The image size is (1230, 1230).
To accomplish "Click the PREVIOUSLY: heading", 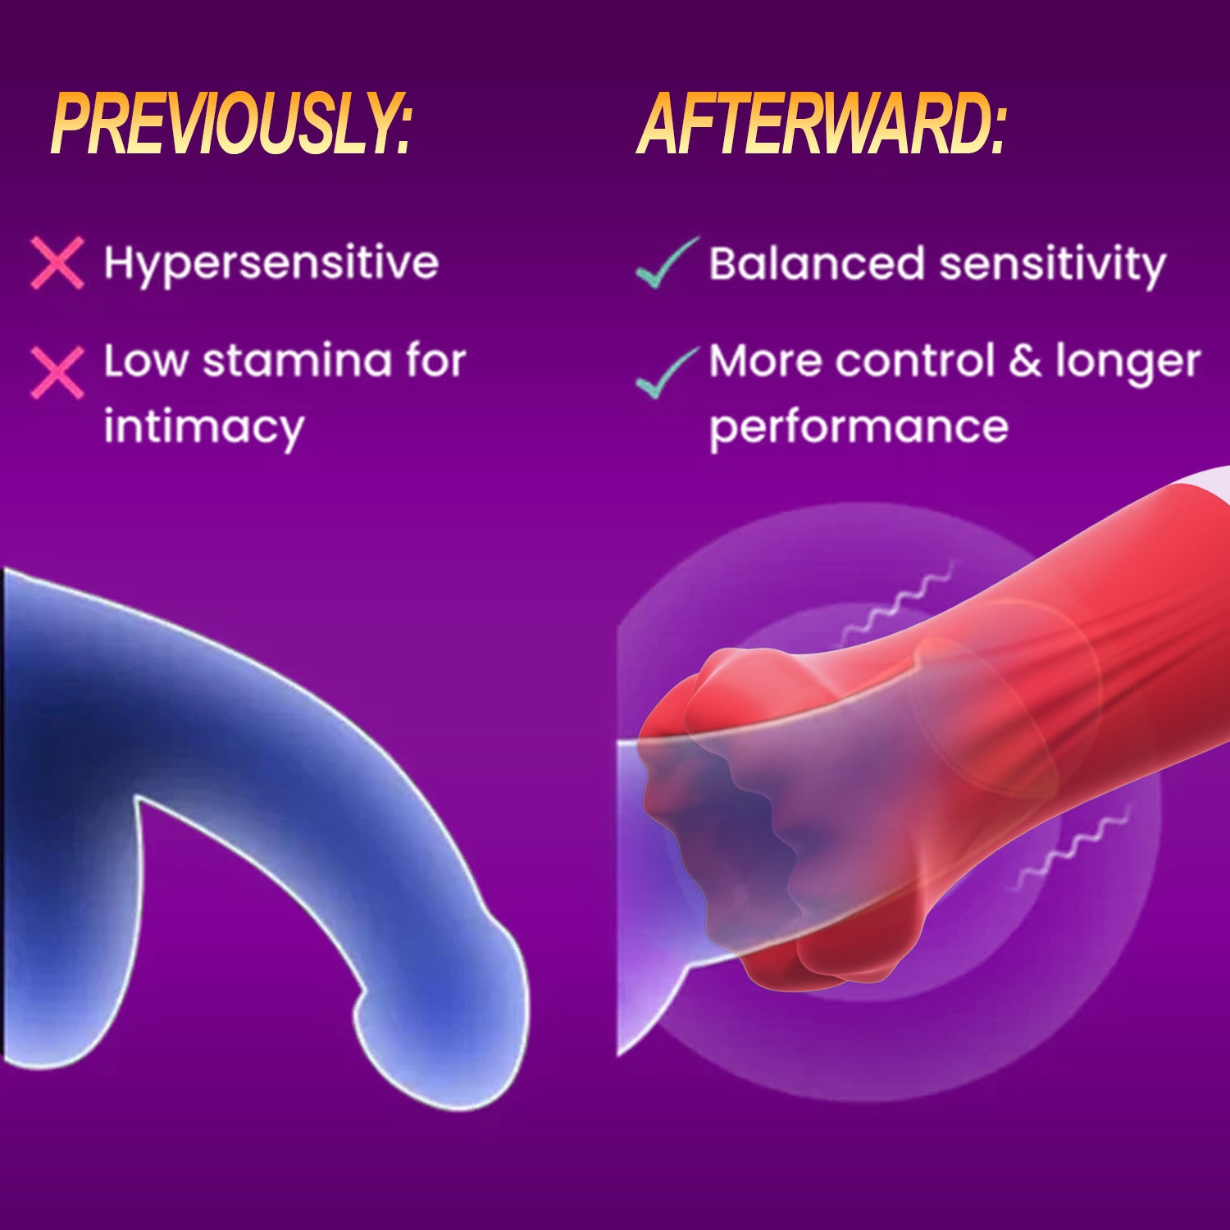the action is [230, 124].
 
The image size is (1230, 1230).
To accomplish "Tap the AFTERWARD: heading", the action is [821, 124].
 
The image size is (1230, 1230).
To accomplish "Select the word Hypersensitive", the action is [271, 264].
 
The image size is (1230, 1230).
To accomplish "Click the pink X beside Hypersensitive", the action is [57, 263].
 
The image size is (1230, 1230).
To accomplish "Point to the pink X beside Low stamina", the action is [57, 372].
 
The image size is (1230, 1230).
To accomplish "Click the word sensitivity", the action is [1052, 266].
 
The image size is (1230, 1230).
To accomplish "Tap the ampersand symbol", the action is [1025, 361].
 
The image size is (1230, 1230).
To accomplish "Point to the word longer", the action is [1127, 364].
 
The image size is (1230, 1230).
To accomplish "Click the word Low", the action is [146, 361].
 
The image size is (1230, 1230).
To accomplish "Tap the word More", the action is [765, 361].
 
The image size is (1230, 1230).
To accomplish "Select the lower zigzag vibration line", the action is [1073, 848].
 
